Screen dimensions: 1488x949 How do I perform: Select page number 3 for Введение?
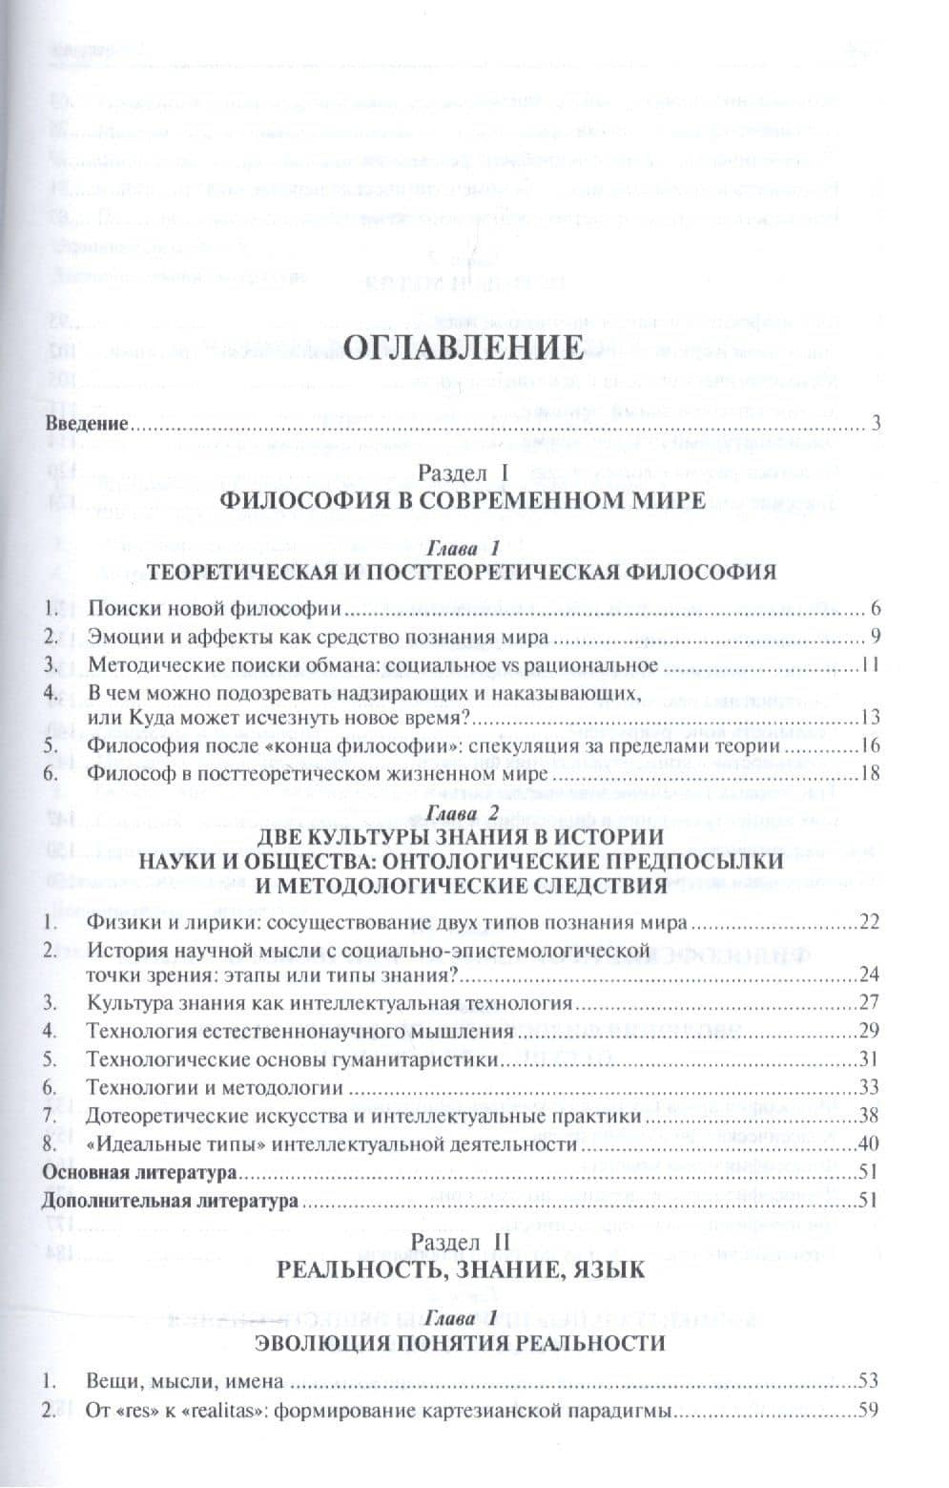click(873, 424)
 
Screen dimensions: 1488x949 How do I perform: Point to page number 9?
click(872, 637)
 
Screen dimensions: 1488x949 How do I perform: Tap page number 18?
click(867, 773)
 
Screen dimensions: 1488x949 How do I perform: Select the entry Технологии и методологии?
click(215, 1087)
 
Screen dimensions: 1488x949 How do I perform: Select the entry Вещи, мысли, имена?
click(185, 1380)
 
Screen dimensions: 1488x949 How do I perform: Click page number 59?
click(867, 1409)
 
